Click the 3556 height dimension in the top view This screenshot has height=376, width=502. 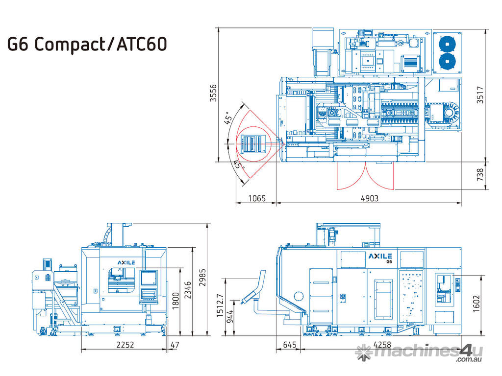(x=213, y=93)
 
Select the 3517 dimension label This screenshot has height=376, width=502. (x=480, y=94)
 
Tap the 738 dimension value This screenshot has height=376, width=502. (x=480, y=175)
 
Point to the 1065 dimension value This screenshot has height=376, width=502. (x=257, y=199)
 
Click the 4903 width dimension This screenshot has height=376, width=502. (x=370, y=199)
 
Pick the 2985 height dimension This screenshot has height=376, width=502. (x=202, y=278)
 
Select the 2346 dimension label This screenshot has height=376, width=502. (x=188, y=290)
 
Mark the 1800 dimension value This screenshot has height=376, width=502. (x=176, y=301)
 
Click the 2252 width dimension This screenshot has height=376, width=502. (x=125, y=345)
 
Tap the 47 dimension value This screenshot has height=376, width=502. (x=175, y=345)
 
